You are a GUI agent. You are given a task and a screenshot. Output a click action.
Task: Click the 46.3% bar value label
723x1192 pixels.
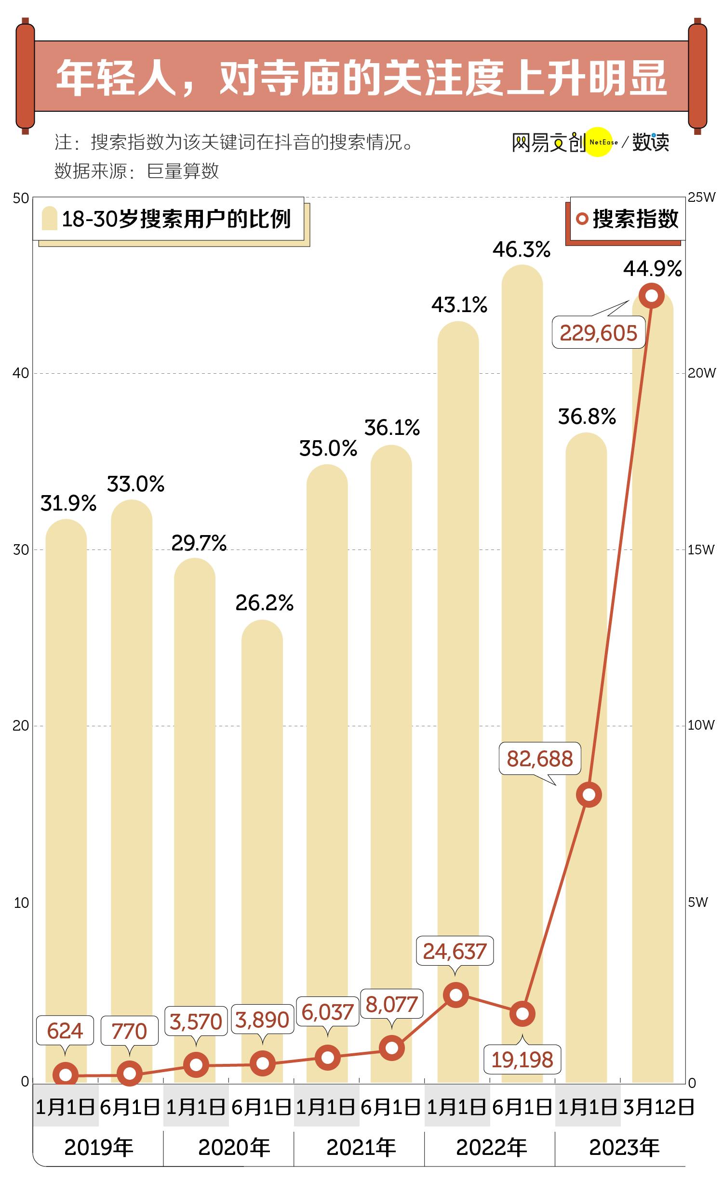click(522, 250)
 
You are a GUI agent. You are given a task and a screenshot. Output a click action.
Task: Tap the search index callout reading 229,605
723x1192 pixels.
click(599, 333)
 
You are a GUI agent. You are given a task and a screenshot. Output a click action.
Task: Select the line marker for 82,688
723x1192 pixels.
click(589, 794)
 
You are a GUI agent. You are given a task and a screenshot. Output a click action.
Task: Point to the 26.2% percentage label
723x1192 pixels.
click(265, 603)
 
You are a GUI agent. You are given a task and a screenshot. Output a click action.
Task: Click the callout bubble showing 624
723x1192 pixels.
click(65, 1031)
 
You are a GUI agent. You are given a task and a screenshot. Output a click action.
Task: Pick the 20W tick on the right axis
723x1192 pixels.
click(701, 373)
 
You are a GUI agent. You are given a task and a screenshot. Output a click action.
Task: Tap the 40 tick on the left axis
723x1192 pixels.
click(21, 373)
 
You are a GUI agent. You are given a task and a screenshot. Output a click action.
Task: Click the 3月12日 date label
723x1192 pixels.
click(658, 1107)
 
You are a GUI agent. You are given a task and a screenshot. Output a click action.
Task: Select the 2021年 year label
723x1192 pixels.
click(361, 1148)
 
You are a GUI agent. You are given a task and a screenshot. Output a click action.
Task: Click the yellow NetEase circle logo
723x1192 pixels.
click(599, 142)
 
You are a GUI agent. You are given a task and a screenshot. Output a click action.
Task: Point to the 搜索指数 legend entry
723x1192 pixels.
click(628, 219)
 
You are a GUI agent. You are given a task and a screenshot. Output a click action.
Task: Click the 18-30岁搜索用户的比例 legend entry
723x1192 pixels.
click(169, 219)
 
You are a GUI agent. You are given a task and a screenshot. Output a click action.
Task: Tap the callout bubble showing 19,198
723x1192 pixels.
click(522, 1059)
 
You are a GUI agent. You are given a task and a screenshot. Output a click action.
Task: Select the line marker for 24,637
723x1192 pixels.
click(455, 995)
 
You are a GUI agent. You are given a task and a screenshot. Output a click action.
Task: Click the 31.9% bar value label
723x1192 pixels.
click(68, 504)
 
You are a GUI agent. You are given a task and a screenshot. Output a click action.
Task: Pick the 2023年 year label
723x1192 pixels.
click(624, 1148)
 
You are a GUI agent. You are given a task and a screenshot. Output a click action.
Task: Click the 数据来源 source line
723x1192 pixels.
click(136, 171)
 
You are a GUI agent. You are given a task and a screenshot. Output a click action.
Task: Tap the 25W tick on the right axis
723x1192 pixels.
click(701, 197)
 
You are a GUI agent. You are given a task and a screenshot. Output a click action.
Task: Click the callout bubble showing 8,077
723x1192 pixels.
click(391, 1004)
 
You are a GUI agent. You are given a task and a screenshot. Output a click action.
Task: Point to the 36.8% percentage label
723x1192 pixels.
click(587, 417)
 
